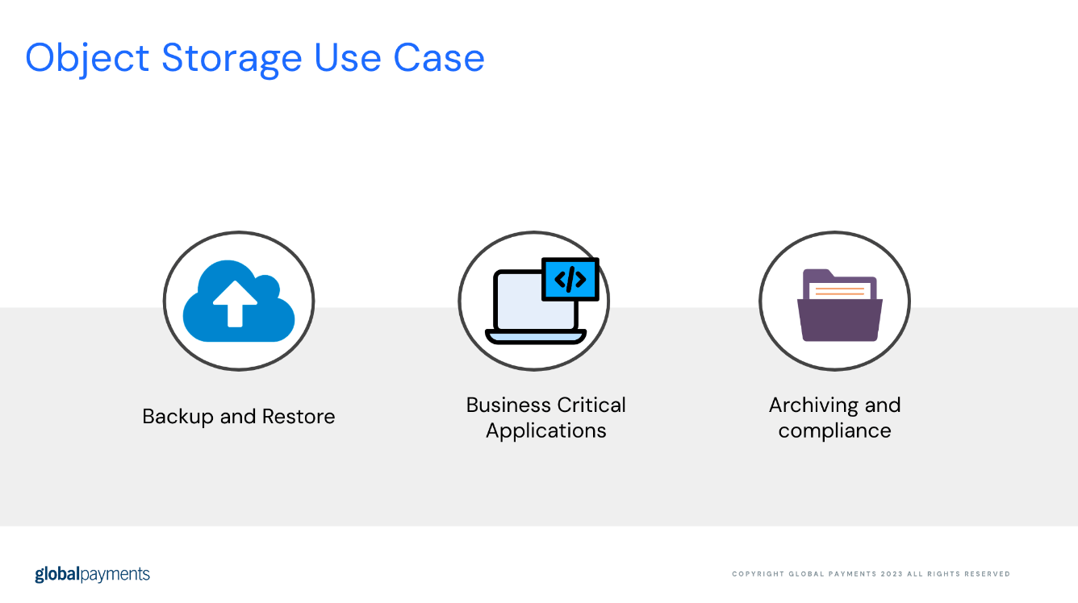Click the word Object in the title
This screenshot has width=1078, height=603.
click(x=87, y=59)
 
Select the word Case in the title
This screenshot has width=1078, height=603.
click(x=439, y=58)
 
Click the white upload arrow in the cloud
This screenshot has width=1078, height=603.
click(x=235, y=304)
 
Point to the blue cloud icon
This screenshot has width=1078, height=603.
click(x=239, y=301)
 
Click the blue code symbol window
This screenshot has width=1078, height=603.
click(x=570, y=280)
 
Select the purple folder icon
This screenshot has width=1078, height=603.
click(x=840, y=306)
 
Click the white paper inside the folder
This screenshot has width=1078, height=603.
click(x=840, y=291)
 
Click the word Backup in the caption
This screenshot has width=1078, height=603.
click(x=178, y=417)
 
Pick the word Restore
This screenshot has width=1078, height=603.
click(x=299, y=417)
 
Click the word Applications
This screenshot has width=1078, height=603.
click(x=545, y=430)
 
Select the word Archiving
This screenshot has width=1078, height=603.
click(x=813, y=405)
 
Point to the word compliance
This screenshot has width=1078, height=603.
click(x=834, y=430)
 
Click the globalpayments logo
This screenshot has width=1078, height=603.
click(x=93, y=575)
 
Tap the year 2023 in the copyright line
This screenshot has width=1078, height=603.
click(x=892, y=574)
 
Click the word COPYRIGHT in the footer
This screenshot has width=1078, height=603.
click(x=758, y=574)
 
